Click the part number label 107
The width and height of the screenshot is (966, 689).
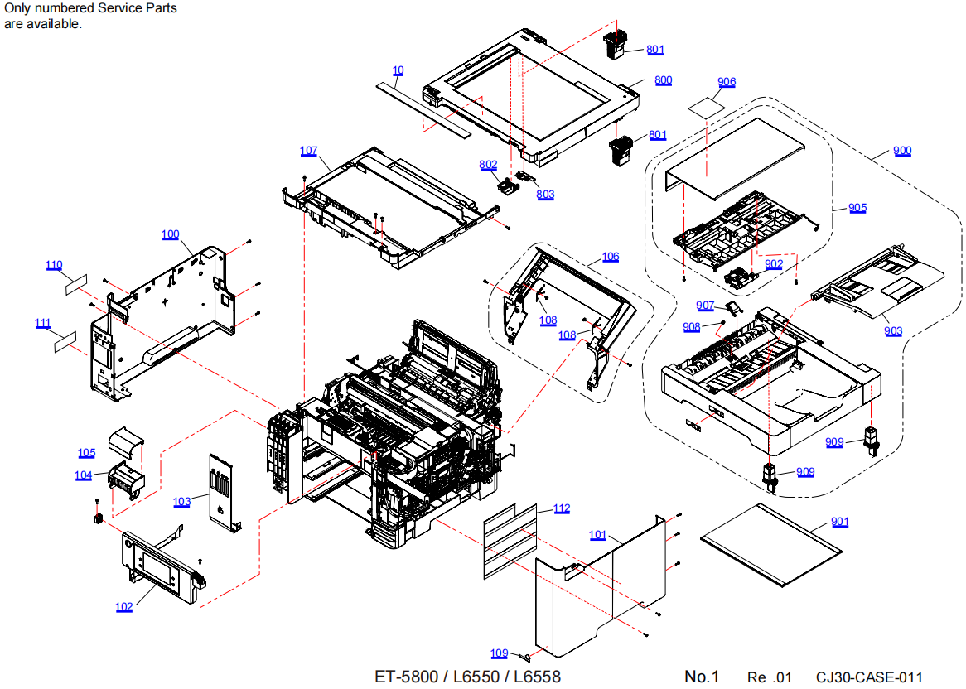point(308,151)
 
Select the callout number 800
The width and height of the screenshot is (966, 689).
point(663,80)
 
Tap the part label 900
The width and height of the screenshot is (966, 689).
point(902,151)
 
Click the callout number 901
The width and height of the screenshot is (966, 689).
point(839,522)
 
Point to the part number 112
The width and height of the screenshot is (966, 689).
point(562,508)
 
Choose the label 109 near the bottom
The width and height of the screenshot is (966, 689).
point(499,653)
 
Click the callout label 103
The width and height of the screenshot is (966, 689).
point(181,502)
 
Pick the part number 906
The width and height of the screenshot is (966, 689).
point(727,82)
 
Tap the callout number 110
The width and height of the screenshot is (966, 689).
point(54,265)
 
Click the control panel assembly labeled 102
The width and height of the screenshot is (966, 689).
point(162,567)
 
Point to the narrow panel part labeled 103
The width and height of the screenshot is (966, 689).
point(220,491)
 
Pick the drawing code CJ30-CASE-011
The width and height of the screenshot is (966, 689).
point(868,677)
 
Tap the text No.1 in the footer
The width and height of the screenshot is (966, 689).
point(702,677)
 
